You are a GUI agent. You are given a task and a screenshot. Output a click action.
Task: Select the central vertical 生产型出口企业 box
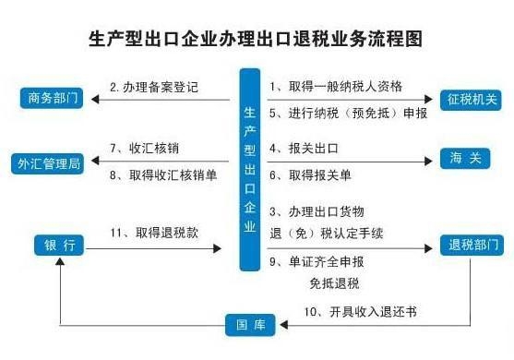click(252, 170)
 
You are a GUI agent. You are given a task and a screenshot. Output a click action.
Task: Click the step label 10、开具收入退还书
click(360, 311)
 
